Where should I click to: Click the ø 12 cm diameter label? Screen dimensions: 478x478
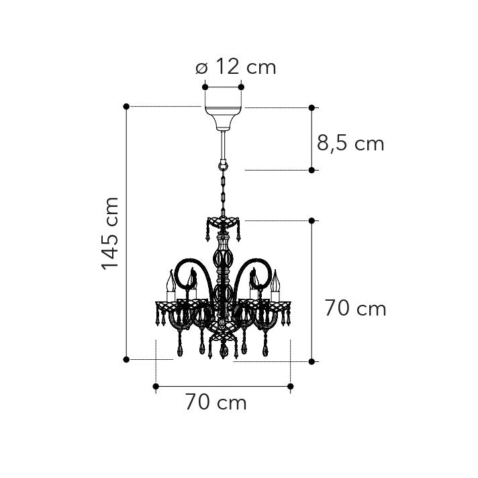[236, 67]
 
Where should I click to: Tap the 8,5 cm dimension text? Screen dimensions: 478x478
[350, 143]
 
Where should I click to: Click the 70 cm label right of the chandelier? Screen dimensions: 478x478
[355, 309]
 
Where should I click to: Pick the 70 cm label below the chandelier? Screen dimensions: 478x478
[216, 403]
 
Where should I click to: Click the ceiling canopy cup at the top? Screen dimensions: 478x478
[223, 116]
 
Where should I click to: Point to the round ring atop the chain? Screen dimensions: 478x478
[223, 164]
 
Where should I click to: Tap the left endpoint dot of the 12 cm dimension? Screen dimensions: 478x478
[205, 87]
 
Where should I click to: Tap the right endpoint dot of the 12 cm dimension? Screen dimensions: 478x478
[242, 87]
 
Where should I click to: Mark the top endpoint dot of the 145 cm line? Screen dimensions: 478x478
[126, 107]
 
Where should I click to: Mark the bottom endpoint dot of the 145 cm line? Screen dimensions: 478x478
[126, 360]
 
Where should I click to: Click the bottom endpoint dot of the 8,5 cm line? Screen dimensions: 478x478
[312, 171]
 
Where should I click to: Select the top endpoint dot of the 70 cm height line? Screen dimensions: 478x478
[312, 220]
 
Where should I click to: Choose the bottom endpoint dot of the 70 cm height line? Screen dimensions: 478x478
[312, 362]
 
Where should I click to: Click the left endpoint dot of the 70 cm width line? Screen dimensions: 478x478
[156, 386]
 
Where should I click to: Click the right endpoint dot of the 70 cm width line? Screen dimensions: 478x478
[291, 386]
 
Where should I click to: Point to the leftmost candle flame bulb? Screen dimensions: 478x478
[171, 281]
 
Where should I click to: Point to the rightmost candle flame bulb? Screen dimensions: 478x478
[275, 281]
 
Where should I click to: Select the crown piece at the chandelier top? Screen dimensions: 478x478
[224, 222]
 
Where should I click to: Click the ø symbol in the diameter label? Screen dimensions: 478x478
[201, 68]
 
